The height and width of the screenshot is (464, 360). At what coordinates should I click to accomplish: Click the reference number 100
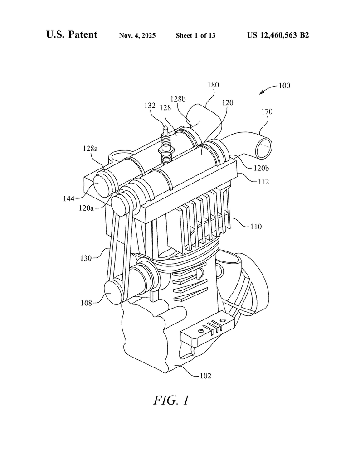[x=284, y=86]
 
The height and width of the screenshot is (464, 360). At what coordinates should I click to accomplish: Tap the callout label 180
[x=213, y=85]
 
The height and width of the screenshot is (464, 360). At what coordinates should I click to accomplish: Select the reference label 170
[x=267, y=111]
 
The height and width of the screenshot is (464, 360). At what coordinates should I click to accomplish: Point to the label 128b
[x=178, y=99]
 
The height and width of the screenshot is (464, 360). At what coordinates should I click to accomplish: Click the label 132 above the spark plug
[x=150, y=105]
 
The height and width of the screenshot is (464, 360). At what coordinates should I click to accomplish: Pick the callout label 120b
[x=261, y=168]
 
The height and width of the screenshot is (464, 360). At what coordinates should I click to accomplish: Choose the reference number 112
[x=263, y=181]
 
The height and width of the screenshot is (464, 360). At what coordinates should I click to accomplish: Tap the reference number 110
[x=256, y=227]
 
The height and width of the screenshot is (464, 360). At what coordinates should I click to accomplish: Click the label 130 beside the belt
[x=86, y=258]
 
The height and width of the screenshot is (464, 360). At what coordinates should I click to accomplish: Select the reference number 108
[x=87, y=303]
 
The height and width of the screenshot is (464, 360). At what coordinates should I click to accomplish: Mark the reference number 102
[x=205, y=376]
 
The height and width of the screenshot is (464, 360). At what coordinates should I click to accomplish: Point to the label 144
[x=68, y=198]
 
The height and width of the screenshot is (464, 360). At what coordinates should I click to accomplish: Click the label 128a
[x=90, y=149]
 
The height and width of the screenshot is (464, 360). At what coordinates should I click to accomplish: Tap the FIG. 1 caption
[x=171, y=400]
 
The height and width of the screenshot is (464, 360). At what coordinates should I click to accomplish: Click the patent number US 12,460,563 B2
[x=278, y=35]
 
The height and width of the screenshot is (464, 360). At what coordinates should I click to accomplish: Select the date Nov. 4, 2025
[x=137, y=35]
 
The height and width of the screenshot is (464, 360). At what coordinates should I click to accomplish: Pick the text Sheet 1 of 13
[x=195, y=35]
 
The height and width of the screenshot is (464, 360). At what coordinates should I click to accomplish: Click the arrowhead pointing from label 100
[x=261, y=93]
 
